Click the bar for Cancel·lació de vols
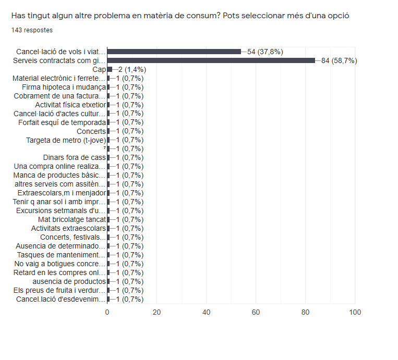tap(174, 52)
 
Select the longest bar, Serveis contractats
tap(211, 60)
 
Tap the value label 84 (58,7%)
tap(339, 60)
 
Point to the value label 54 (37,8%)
tap(265, 52)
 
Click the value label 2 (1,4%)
tap(129, 69)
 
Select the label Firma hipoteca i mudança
tap(64, 87)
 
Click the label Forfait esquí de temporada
tap(62, 122)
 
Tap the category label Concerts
tap(91, 131)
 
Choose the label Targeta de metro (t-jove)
tap(66, 140)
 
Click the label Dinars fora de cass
tap(75, 157)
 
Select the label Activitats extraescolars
tap(68, 228)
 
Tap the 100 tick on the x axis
tap(355, 312)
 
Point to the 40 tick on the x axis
tap(206, 312)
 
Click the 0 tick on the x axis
tap(107, 312)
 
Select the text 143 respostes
tap(32, 30)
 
